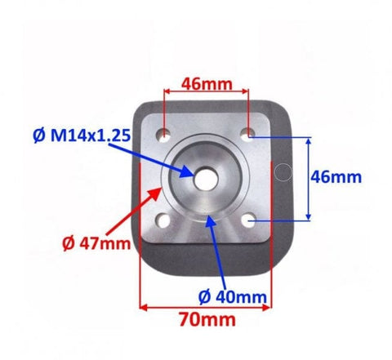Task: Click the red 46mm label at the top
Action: [207, 84]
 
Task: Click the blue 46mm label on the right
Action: [336, 177]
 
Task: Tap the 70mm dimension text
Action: [207, 319]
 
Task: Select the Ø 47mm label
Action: [96, 243]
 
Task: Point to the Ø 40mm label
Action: [233, 297]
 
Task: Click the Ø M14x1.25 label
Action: [82, 136]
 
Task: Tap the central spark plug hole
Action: [206, 179]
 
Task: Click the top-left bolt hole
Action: [163, 135]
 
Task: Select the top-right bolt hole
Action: [248, 134]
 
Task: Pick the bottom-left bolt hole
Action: [163, 220]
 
